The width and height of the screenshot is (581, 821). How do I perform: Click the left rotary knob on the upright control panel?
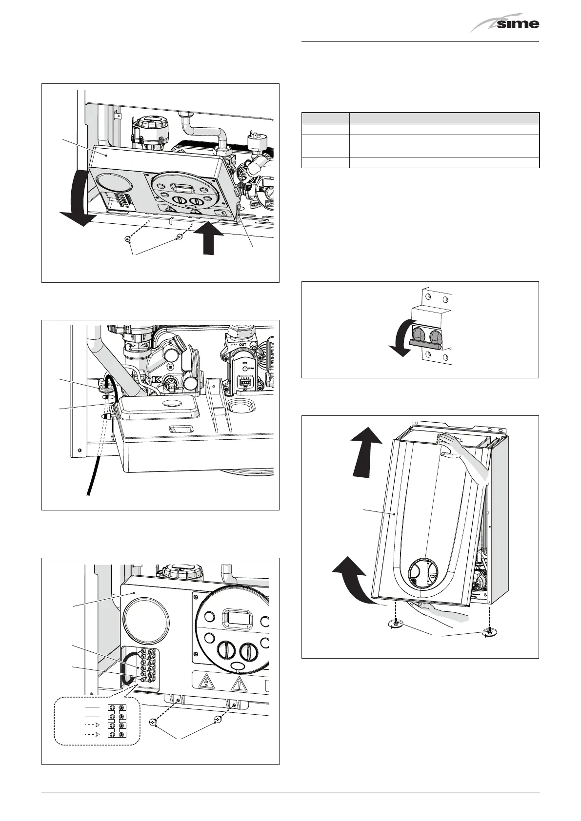click(x=225, y=650)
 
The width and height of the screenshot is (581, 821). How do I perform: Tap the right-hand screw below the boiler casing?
click(x=488, y=632)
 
